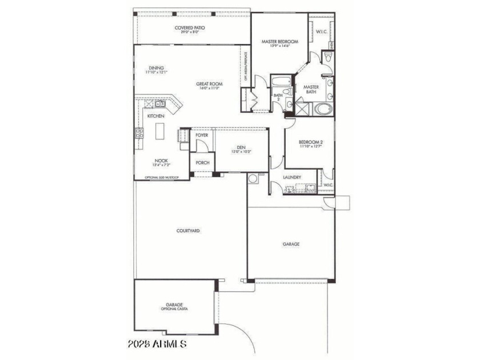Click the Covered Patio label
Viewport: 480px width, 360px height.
[190, 28]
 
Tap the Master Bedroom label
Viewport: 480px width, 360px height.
[279, 43]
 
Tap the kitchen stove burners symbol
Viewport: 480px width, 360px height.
[138, 135]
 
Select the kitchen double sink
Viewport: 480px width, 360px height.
[161, 104]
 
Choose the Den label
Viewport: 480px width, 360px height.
[242, 147]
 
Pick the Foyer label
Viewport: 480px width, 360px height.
[202, 135]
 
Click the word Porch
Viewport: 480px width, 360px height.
[202, 163]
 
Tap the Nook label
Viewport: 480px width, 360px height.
[161, 162]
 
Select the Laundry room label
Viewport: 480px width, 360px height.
[292, 178]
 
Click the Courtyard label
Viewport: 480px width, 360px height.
[187, 231]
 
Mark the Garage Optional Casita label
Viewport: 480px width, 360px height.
[174, 306]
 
